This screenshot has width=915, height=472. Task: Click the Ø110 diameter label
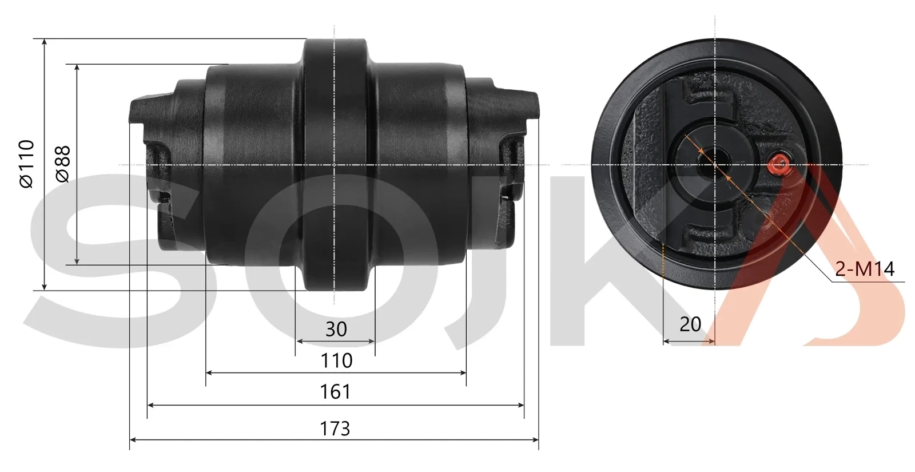[x=26, y=164]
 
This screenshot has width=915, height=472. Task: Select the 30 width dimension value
[x=336, y=329]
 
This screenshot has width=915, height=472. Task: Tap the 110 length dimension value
[x=336, y=361]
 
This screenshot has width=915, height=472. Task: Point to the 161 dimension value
[x=336, y=392]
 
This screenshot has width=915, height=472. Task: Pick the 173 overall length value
[x=336, y=429]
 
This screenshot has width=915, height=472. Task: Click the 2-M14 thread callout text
[x=864, y=269]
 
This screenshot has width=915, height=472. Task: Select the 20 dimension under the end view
[x=690, y=324]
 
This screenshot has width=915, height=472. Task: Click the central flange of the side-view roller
[x=335, y=165]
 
